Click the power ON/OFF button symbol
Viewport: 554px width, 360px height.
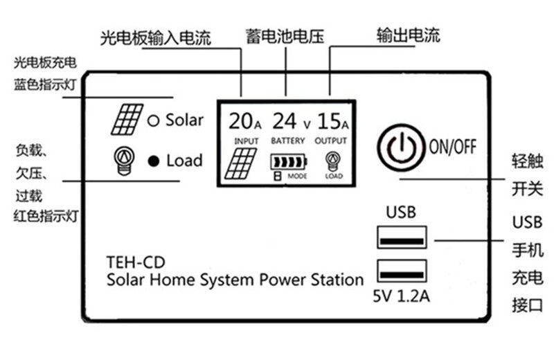click(402, 147)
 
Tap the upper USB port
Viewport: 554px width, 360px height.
click(402, 237)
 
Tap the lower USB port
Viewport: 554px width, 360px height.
click(402, 270)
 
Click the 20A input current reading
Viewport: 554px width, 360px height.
click(245, 122)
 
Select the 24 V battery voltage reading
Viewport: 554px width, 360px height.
click(292, 122)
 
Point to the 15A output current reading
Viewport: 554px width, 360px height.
click(332, 122)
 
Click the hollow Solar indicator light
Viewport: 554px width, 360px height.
click(154, 120)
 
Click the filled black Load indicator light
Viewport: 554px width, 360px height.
click(154, 161)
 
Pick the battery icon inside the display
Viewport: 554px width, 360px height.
click(287, 163)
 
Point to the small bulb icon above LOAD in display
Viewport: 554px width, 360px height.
click(333, 161)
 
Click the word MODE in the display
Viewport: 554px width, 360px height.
click(297, 177)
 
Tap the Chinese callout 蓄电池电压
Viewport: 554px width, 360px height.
click(285, 35)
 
